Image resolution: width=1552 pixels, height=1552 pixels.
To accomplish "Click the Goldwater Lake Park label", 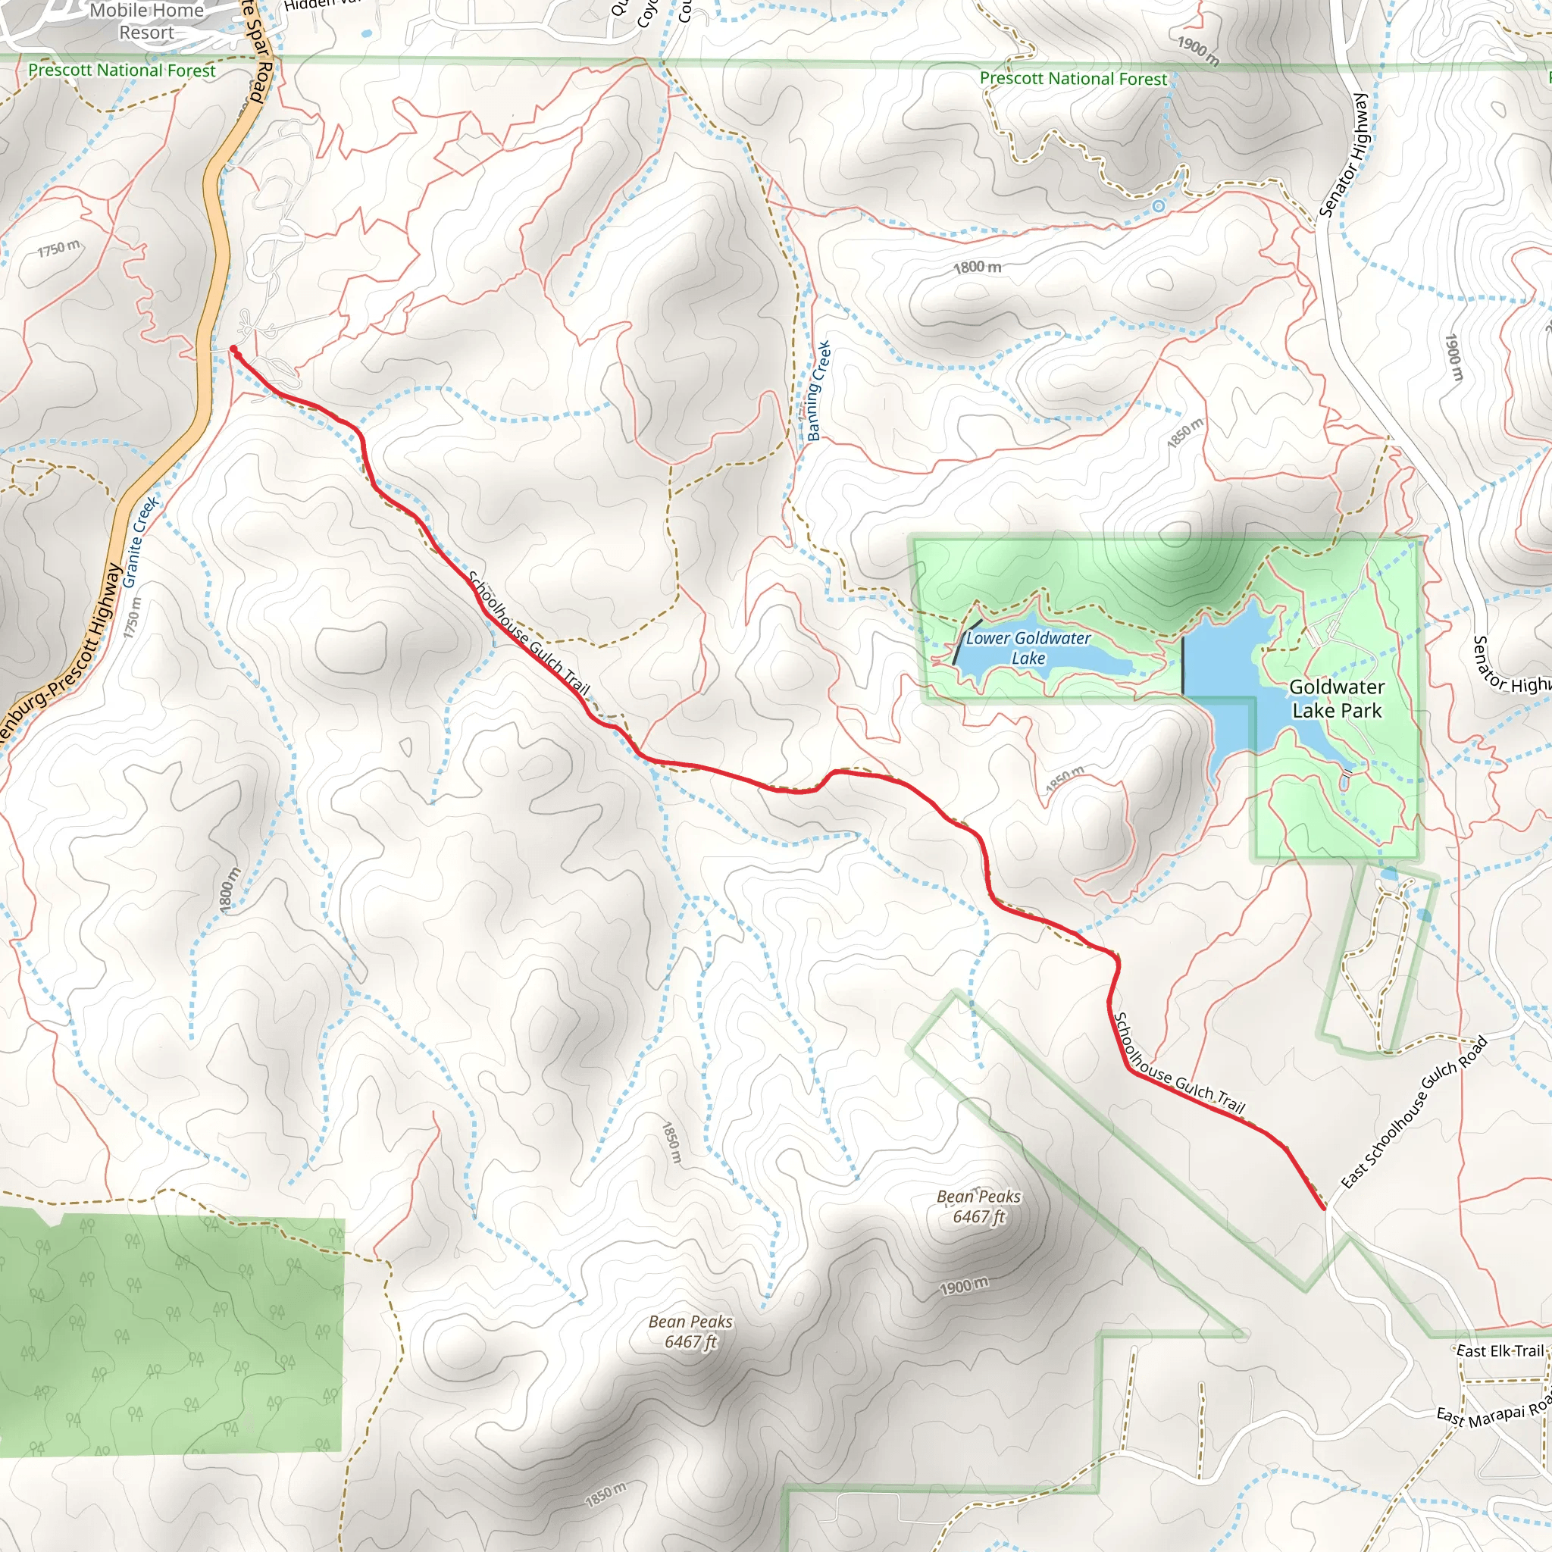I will [1337, 698].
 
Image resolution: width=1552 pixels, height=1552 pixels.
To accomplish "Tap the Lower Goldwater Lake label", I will [1028, 647].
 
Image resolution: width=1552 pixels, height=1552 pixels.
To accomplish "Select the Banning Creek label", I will [818, 391].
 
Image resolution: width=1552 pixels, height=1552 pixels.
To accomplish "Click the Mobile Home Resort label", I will [146, 22].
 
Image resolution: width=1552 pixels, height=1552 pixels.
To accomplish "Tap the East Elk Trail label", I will [1500, 1350].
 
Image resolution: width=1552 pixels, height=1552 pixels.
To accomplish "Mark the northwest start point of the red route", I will [233, 349].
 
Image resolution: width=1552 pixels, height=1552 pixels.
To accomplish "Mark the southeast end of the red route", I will [1323, 1207].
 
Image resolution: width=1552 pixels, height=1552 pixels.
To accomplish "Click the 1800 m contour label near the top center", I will [977, 267].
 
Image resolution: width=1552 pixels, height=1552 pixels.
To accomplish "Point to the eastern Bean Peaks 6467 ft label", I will [978, 1206].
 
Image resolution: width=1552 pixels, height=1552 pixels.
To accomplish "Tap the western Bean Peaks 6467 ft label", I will [690, 1331].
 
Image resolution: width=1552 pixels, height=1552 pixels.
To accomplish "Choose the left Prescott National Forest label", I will [121, 70].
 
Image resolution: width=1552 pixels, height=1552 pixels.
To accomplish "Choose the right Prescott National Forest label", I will [1072, 79].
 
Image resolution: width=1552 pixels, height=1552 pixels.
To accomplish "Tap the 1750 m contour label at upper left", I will [58, 249].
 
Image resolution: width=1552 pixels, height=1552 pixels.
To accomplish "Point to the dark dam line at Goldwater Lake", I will [1182, 665].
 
